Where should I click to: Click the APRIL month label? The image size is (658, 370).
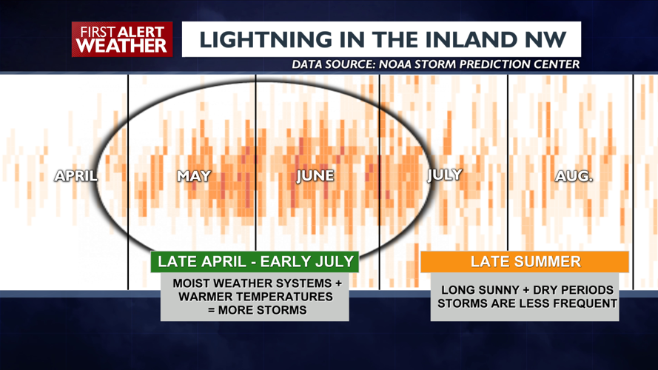point(76,176)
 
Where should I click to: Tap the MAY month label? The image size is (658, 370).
point(194,176)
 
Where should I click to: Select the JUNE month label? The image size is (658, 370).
point(315,176)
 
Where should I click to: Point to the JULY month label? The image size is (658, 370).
point(445,175)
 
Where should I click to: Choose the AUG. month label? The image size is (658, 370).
point(574,176)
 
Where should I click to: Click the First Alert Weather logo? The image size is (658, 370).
point(122,39)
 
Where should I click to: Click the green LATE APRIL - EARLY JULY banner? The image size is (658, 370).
point(255,261)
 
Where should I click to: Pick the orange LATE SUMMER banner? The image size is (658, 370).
point(525,261)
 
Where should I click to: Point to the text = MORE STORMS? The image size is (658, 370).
point(255,310)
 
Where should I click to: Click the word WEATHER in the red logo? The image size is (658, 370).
point(122,46)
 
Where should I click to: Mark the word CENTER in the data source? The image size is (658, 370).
point(554,64)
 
